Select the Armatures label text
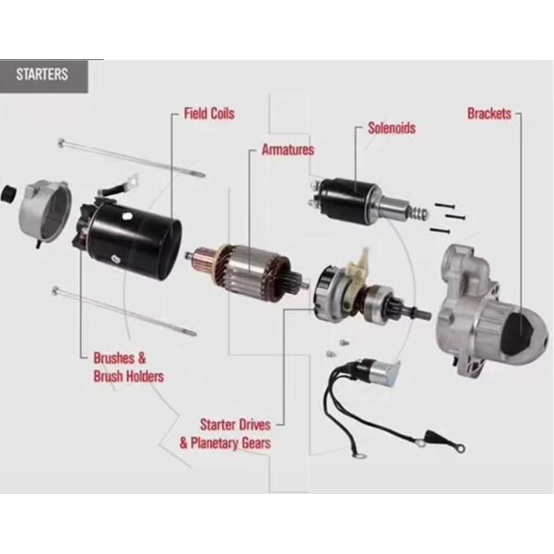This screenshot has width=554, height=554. (287, 149)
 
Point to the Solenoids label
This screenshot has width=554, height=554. (391, 128)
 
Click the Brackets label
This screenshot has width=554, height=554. (489, 114)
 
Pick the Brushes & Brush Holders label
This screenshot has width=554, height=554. (128, 367)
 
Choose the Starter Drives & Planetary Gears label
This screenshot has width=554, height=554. (225, 434)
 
